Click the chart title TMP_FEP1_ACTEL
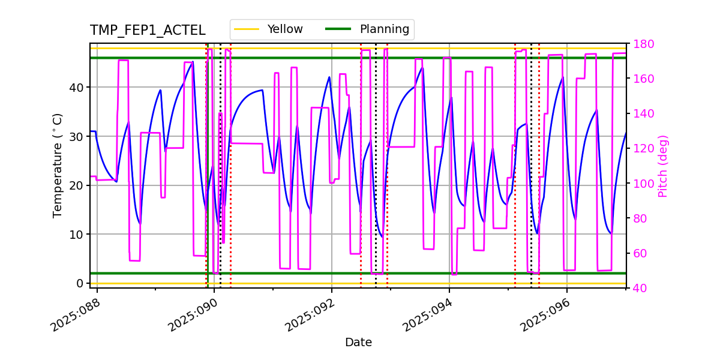click(x=148, y=31)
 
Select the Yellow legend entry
click(x=285, y=29)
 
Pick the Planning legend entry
click(x=384, y=29)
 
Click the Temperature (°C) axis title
click(x=58, y=165)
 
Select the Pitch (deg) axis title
click(x=663, y=166)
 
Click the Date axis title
click(x=358, y=343)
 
